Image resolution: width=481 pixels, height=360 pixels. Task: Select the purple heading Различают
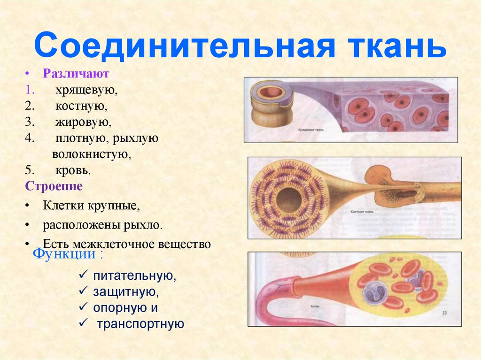click(x=76, y=74)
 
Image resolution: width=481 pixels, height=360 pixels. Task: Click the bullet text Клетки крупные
click(x=92, y=206)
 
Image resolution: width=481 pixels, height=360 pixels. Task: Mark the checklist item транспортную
click(x=140, y=324)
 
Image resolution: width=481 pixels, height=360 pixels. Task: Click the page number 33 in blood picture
click(x=444, y=313)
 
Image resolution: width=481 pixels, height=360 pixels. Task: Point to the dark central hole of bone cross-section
click(x=288, y=200)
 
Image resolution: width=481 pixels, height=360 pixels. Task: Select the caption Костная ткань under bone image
click(x=361, y=212)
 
